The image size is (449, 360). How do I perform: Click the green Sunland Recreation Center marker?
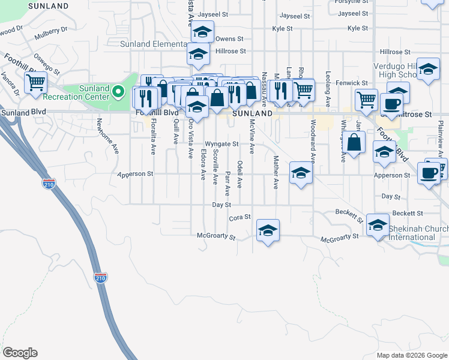(x=119, y=93)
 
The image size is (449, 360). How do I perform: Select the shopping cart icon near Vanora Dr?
(x=35, y=83)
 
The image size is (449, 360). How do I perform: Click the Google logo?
(x=20, y=353)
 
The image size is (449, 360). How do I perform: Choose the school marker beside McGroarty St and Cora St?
(x=268, y=230)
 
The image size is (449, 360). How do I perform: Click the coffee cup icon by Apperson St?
(x=429, y=173)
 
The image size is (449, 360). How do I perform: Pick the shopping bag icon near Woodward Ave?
(x=355, y=143)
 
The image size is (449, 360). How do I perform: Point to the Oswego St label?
(x=47, y=63)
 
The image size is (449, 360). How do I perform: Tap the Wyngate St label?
(x=221, y=144)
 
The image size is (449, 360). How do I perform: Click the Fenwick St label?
(x=351, y=82)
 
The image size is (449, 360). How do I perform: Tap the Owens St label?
(x=229, y=39)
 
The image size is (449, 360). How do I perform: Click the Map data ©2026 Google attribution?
(x=411, y=355)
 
